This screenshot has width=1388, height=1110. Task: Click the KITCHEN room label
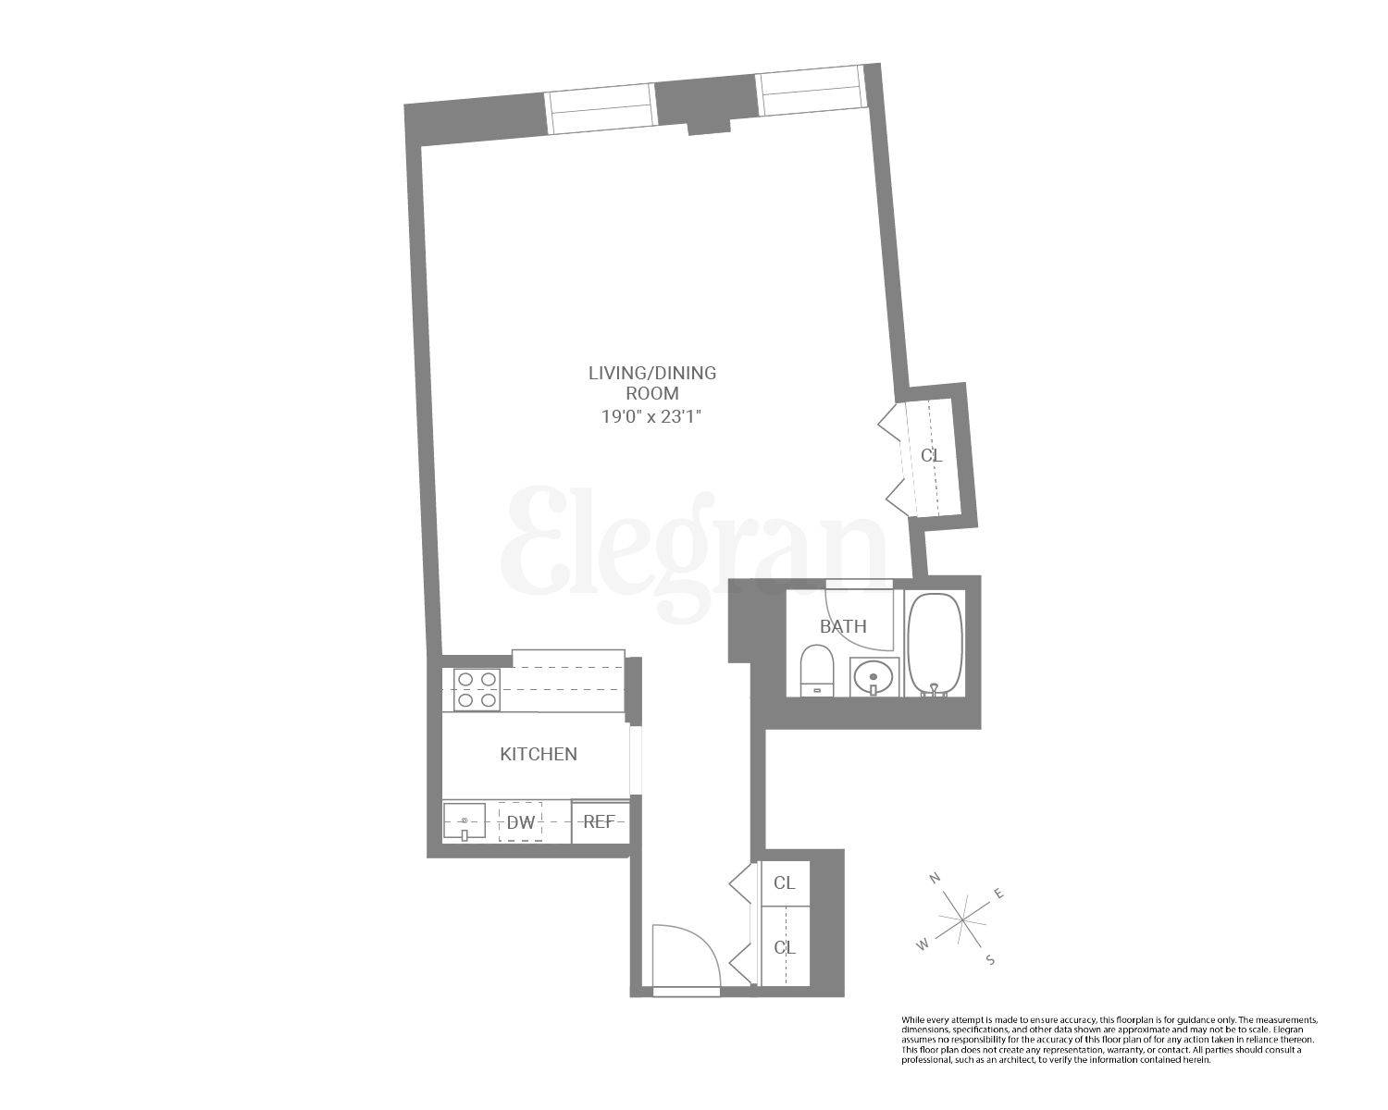coord(539,754)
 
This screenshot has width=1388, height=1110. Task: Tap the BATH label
coord(843,626)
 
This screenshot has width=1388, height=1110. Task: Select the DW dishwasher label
coord(520,821)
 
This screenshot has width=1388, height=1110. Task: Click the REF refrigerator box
coord(600,821)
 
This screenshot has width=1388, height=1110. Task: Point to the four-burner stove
coord(477,690)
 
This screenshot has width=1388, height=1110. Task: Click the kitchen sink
coord(465,821)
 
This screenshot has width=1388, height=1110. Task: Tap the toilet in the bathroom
coord(816,670)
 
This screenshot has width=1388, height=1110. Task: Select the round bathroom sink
coord(873,677)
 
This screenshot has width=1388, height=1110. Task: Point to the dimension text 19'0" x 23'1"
coord(652,416)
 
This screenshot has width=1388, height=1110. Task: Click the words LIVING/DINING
coord(652,373)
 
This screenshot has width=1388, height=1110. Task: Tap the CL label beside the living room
coord(931,455)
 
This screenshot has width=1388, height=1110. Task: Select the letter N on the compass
coord(936,877)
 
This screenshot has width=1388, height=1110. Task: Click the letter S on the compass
coord(989,960)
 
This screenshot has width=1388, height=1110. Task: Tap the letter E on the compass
coord(998,894)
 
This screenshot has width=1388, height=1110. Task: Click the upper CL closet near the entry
coord(784,882)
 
